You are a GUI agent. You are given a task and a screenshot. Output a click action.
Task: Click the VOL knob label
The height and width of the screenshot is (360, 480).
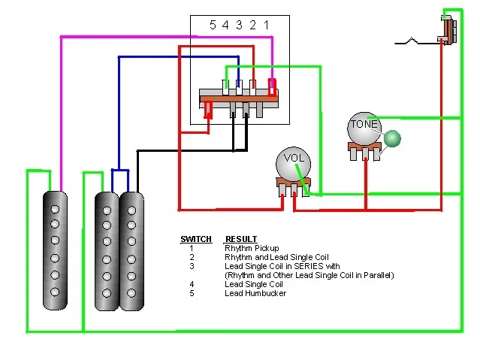tap(291, 159)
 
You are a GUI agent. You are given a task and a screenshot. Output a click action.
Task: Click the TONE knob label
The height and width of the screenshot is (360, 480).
tap(364, 124)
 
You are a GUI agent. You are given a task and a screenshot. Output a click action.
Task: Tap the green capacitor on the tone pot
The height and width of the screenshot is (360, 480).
tap(393, 138)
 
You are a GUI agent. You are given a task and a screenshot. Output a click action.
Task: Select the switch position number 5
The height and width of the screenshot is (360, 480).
tap(213, 25)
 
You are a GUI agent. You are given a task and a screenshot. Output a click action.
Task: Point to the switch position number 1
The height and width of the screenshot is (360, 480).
tap(266, 25)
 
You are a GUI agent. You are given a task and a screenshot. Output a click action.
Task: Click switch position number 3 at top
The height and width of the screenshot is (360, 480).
tap(239, 25)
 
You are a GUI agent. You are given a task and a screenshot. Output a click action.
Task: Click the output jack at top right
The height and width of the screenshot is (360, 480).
tap(448, 31)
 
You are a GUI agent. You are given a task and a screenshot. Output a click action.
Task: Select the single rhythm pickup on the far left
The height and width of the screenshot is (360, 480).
tap(55, 250)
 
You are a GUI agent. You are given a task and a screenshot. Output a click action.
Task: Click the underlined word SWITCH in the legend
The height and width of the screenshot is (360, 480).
tap(195, 240)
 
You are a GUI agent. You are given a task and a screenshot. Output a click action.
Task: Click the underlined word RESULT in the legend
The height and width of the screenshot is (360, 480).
tap(241, 240)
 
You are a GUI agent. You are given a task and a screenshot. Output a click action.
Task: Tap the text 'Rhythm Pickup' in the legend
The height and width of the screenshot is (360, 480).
tap(252, 248)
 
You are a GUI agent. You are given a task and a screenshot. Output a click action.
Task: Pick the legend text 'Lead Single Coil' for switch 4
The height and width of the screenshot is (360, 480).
tap(254, 284)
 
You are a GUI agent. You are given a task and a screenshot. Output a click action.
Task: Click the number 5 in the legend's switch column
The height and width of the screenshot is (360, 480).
tap(192, 293)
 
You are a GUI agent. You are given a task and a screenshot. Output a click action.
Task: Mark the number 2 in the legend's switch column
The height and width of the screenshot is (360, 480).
tap(192, 257)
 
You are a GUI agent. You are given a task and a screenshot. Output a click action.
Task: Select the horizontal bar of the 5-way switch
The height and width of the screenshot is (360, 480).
tap(239, 95)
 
